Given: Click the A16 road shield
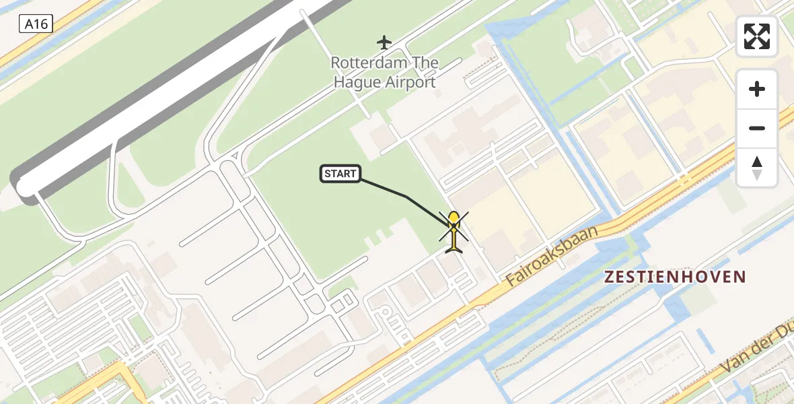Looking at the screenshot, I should click(x=36, y=25).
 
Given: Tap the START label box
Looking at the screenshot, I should click(x=340, y=174).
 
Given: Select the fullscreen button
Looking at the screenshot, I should click(x=757, y=36).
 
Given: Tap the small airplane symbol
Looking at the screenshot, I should click(x=384, y=42).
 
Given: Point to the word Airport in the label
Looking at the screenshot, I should click(x=410, y=83).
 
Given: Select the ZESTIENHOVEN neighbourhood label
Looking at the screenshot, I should click(x=675, y=277).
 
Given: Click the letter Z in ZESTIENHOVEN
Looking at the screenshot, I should click(x=610, y=277).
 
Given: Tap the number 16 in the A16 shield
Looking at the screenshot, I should click(x=41, y=25).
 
